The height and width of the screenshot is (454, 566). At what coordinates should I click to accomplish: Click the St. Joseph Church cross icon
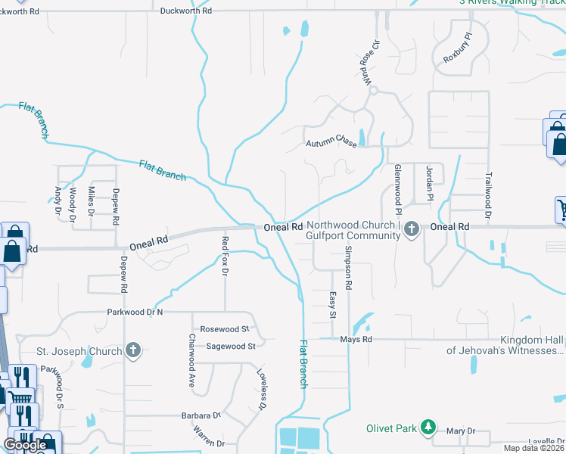133,350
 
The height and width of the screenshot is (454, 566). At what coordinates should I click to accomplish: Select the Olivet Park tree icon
429,428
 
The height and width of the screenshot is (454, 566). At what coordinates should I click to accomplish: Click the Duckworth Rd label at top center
187,11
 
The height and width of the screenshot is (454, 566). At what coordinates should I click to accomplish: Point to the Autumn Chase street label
331,142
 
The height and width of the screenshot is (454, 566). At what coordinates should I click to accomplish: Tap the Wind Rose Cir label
368,63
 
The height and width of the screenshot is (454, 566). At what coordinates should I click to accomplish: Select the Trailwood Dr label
487,194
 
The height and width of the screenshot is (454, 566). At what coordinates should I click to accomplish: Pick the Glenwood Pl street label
397,188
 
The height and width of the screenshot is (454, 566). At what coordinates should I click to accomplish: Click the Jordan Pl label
428,179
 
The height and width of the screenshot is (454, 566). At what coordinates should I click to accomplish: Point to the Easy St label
331,305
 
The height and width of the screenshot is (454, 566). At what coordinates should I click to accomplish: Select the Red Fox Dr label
225,256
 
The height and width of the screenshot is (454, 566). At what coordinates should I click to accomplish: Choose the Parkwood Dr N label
135,312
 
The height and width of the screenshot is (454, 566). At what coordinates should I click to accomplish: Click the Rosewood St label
225,329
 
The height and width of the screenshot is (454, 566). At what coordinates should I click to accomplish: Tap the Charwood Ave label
191,361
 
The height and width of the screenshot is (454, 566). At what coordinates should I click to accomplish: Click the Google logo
26,445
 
